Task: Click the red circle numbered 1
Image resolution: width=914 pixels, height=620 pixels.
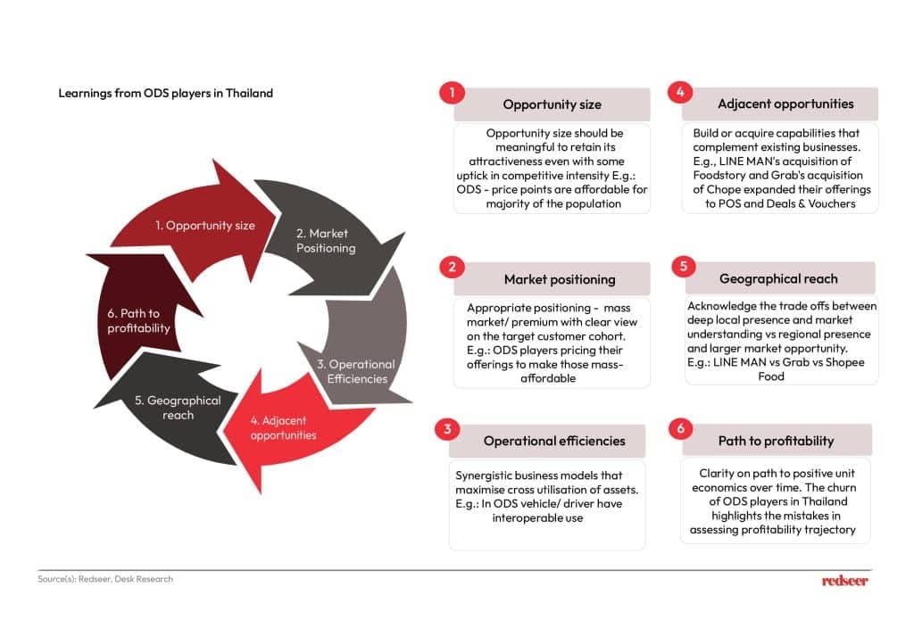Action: pos(452,93)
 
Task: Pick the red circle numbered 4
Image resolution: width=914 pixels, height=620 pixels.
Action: pos(680,92)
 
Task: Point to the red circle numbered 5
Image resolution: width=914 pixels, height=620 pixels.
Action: pos(682,267)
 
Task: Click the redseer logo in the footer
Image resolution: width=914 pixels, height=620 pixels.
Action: pos(844,581)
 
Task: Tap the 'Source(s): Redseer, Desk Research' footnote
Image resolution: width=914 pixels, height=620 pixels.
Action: pos(105,579)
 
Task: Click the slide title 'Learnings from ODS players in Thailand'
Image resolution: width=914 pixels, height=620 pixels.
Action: pos(165,93)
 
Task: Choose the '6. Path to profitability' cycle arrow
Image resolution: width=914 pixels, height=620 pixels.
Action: pos(134,321)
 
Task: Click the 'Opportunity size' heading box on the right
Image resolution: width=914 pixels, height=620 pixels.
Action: pos(552,104)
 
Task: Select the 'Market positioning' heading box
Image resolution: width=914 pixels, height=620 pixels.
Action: pos(559,279)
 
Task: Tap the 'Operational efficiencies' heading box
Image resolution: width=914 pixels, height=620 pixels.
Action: pos(553,441)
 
